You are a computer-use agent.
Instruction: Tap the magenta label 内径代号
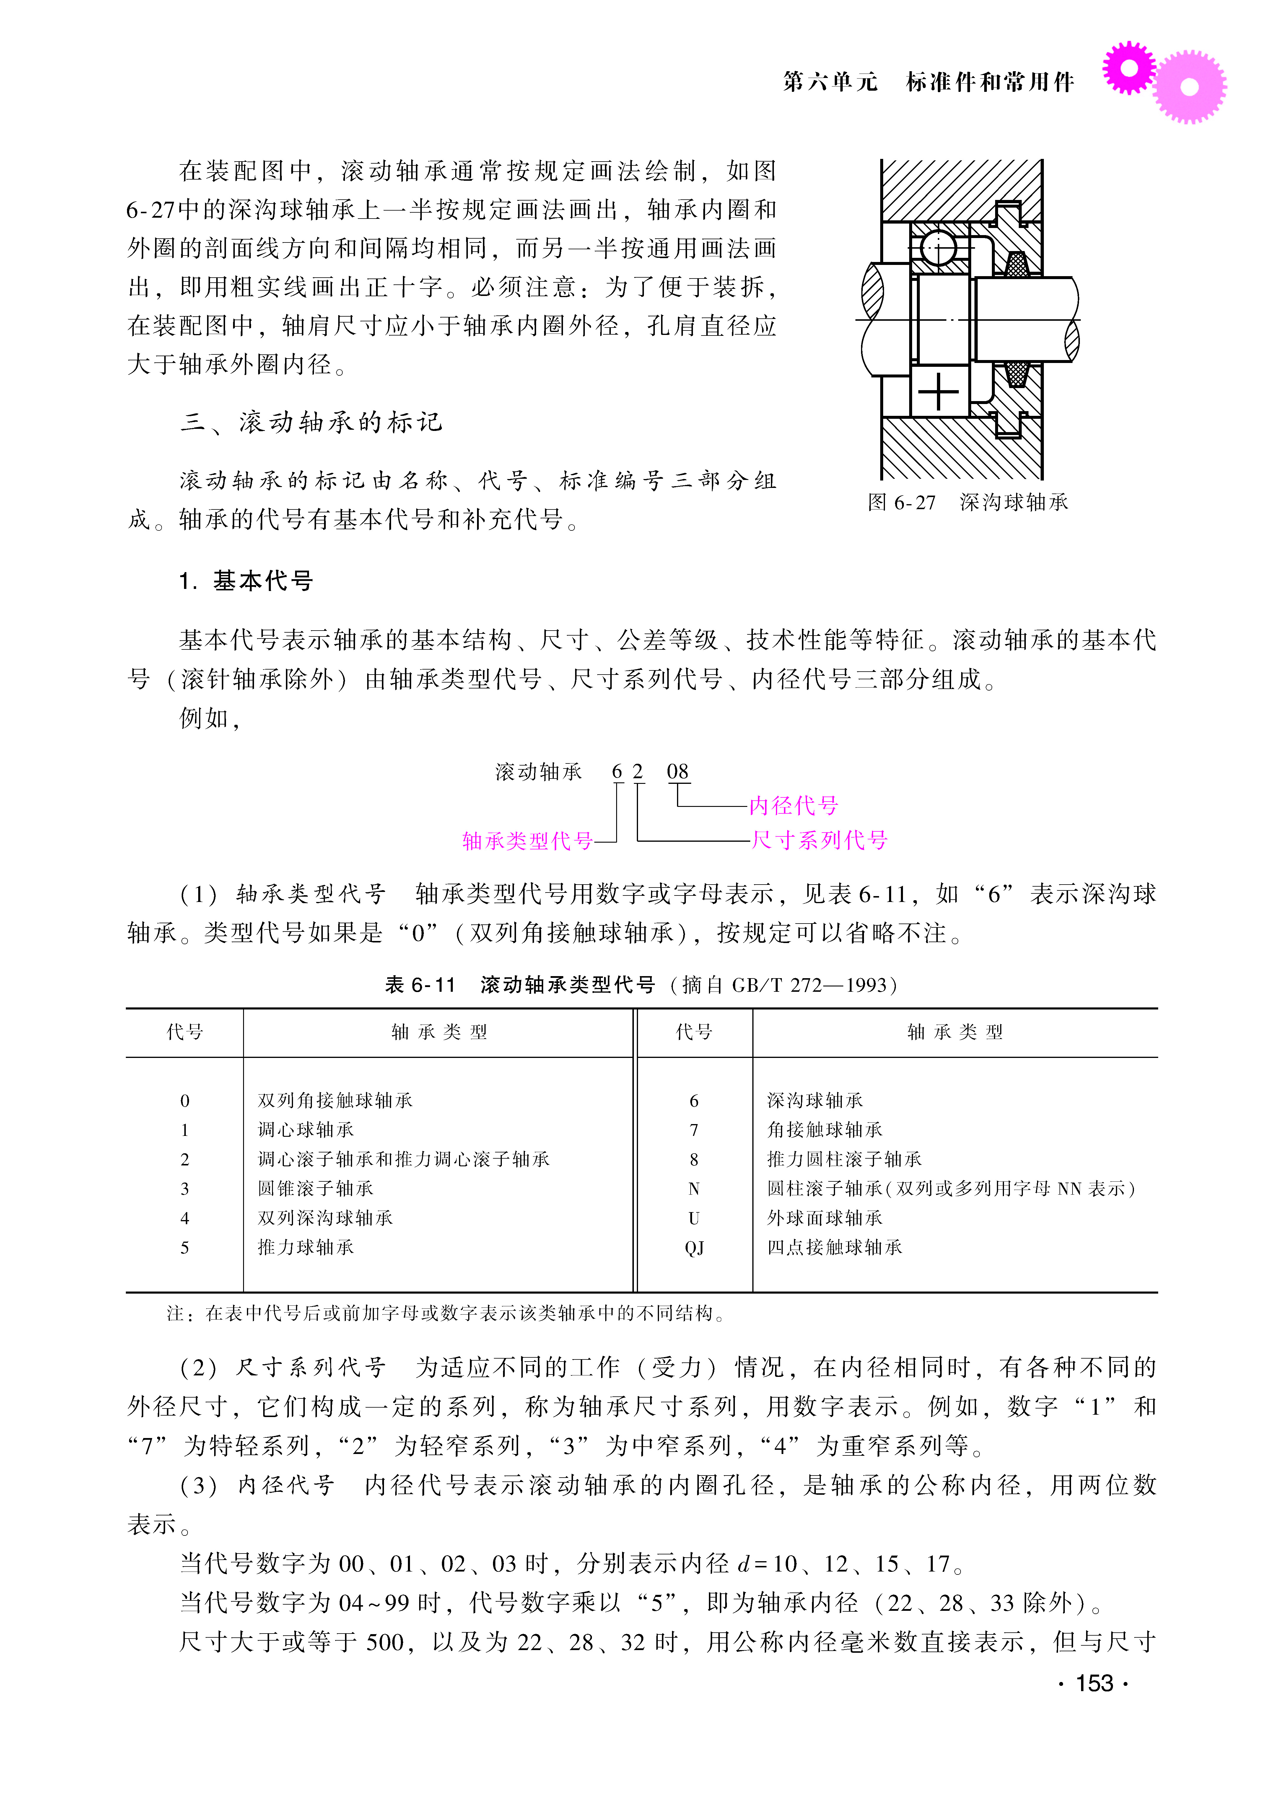point(793,805)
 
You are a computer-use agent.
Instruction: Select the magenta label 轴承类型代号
point(527,840)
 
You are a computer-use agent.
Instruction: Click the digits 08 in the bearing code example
point(678,771)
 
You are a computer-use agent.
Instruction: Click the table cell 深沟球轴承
point(814,1100)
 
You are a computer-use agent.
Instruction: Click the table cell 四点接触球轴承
point(834,1247)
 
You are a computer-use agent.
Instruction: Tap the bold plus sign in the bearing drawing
point(938,391)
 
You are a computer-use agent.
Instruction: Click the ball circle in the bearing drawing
point(938,250)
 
